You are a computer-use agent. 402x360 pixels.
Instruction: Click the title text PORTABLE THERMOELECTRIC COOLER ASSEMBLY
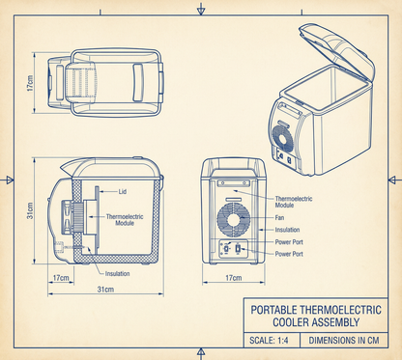(x=315, y=316)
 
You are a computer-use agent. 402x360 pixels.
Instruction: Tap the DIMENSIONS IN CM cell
(x=345, y=341)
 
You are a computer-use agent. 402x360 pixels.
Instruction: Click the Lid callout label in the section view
(x=123, y=191)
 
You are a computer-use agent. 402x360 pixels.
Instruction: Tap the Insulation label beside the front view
(x=287, y=230)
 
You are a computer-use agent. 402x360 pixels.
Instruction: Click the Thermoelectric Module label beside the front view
(x=293, y=201)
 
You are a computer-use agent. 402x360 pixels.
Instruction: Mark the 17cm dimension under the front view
(x=232, y=278)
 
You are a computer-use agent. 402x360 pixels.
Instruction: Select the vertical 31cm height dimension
(x=30, y=209)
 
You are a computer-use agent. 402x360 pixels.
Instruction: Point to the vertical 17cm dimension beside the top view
(x=30, y=85)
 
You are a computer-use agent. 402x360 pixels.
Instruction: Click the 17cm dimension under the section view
(x=61, y=278)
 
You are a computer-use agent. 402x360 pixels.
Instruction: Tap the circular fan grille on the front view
(x=232, y=218)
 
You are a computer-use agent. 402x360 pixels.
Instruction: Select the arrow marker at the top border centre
(x=200, y=9)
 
